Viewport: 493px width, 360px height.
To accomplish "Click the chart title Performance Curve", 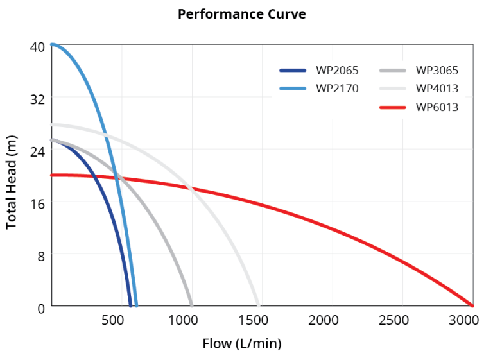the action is [242, 14].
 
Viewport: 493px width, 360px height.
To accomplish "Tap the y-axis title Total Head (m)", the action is [12, 182].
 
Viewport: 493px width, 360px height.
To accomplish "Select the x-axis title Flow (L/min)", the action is [242, 344].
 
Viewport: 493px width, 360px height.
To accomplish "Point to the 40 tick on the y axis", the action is [37, 47].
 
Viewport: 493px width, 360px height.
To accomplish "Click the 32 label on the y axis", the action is [37, 99].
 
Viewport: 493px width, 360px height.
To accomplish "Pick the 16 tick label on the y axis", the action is [37, 204].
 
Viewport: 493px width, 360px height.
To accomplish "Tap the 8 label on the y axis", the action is [41, 257].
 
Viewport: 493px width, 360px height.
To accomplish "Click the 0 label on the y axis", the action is [41, 309].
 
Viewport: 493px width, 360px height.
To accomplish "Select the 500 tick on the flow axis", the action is [112, 320].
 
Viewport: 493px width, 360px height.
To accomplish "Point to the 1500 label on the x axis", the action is [253, 320].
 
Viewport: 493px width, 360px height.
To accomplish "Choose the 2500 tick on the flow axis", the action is [394, 320].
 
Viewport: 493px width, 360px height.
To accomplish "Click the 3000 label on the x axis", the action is [463, 320].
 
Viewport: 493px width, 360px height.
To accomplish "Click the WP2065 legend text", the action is [337, 71].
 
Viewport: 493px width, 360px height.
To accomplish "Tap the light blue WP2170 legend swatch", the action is [293, 89].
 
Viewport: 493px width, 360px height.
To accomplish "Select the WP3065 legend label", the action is [437, 71].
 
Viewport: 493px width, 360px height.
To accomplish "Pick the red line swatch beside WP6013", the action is [393, 108].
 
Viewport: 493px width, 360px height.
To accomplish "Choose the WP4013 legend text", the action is [437, 89].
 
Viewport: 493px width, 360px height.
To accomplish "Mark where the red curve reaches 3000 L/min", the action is [472, 305].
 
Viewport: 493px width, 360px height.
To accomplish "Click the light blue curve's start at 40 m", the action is [52, 44].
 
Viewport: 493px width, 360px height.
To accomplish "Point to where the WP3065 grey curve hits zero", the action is [191, 305].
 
